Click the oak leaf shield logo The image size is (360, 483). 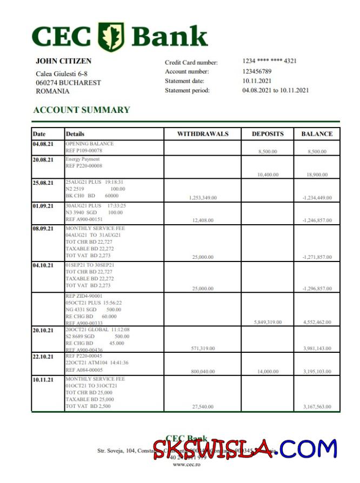(x=111, y=37)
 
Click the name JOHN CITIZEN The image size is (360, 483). (x=63, y=62)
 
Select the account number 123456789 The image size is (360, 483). (x=257, y=71)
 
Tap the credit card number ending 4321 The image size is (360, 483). (x=269, y=62)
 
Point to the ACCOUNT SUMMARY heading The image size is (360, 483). (x=82, y=110)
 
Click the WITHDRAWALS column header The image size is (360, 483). (x=203, y=134)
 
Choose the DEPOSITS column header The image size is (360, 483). (x=268, y=134)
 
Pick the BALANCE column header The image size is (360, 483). (x=317, y=134)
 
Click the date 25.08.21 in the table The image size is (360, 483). (x=43, y=183)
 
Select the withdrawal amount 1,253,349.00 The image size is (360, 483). (x=203, y=198)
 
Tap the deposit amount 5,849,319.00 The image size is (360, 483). (x=268, y=322)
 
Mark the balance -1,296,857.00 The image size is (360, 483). (x=317, y=289)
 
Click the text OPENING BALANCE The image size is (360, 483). (x=90, y=144)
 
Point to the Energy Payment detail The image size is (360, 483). (x=83, y=160)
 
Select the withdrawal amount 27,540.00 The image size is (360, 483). (x=203, y=407)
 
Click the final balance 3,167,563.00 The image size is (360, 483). (x=317, y=407)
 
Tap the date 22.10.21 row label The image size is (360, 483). (x=43, y=357)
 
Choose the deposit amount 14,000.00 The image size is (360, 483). (x=268, y=372)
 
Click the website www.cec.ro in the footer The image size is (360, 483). (x=183, y=465)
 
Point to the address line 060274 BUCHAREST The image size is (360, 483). (x=68, y=83)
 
